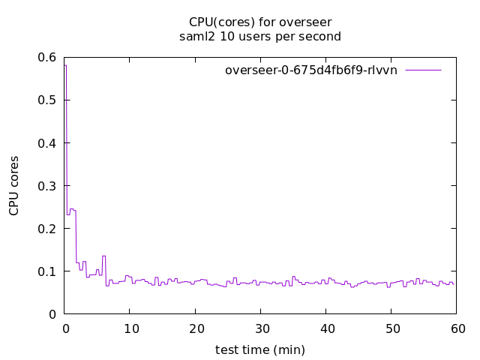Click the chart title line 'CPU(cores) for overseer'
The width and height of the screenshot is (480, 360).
click(x=260, y=21)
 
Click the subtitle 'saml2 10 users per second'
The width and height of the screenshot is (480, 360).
click(x=260, y=36)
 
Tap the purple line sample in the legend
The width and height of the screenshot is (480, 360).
click(x=423, y=70)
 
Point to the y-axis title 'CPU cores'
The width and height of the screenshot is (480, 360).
click(x=14, y=185)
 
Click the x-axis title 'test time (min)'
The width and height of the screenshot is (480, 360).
click(x=260, y=349)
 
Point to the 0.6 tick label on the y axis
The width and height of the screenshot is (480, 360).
click(x=48, y=57)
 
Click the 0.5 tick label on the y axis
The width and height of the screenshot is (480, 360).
click(x=48, y=100)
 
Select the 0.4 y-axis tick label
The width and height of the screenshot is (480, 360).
click(x=48, y=142)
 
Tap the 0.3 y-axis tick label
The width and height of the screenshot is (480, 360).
click(x=48, y=185)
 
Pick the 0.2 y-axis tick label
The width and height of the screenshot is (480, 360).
click(x=48, y=228)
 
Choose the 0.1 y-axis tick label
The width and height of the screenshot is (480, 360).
click(x=48, y=271)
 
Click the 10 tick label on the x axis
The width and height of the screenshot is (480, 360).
click(x=130, y=328)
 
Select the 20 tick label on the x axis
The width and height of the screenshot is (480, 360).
click(x=195, y=328)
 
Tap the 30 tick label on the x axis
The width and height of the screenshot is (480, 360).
click(x=260, y=328)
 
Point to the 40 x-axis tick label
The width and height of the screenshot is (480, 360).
click(x=326, y=328)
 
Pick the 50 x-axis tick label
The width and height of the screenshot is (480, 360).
click(x=391, y=328)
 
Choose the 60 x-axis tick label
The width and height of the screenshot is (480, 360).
click(x=457, y=328)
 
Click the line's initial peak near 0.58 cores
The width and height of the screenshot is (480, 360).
click(x=66, y=66)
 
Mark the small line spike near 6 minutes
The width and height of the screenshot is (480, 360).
click(x=103, y=256)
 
